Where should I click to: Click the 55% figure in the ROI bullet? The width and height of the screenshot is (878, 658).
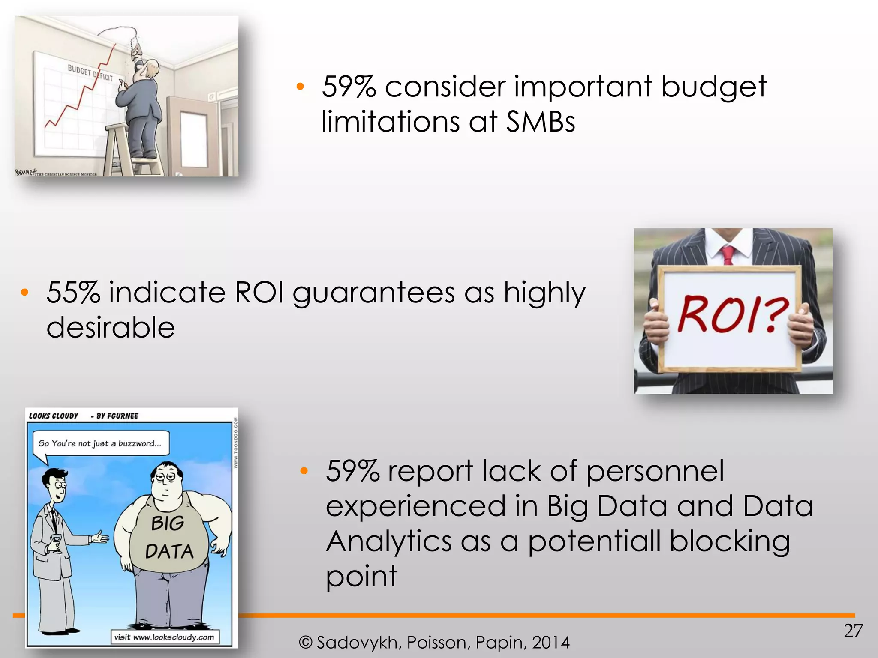click(73, 293)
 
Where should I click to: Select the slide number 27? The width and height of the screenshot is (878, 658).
click(853, 631)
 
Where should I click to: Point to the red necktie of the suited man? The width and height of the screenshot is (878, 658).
click(728, 254)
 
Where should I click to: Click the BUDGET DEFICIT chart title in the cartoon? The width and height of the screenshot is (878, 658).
click(90, 73)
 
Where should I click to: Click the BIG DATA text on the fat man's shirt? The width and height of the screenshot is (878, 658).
click(168, 538)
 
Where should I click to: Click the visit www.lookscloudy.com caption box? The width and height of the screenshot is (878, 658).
click(164, 637)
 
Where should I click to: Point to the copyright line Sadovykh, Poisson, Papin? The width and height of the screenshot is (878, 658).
click(434, 643)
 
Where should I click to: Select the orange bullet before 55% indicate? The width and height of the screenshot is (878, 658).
click(24, 293)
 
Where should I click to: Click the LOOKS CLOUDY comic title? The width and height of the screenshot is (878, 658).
click(54, 416)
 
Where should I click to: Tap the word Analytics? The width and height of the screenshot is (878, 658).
click(388, 541)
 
